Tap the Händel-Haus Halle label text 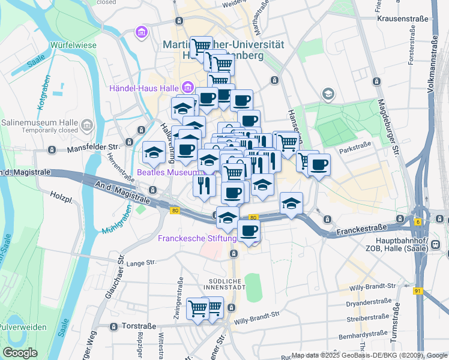tap(144, 89)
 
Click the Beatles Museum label tap(167, 172)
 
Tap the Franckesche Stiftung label tap(193, 238)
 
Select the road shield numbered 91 tap(417, 291)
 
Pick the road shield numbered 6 tap(417, 221)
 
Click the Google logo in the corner tap(20, 353)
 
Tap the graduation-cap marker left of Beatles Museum tap(154, 152)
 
